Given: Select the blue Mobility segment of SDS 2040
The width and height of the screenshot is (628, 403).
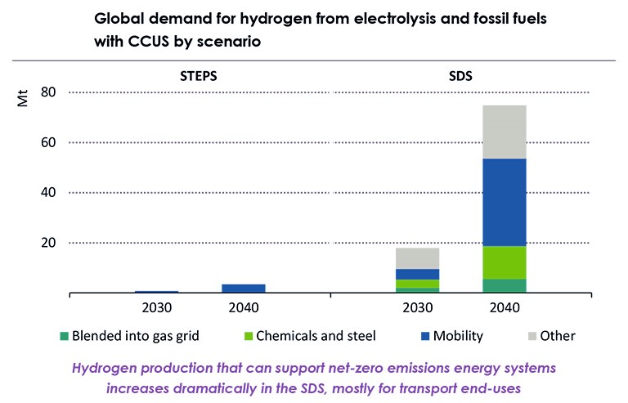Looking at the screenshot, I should coord(504,202).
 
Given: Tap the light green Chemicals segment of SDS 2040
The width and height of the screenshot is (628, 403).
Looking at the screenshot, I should coord(504,262).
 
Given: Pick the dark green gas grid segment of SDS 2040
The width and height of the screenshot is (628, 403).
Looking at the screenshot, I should coord(504,285).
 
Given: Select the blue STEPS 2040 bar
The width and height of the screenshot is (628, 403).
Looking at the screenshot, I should coord(244,288).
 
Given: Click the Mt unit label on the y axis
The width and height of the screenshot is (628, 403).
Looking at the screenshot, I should coord(25,102).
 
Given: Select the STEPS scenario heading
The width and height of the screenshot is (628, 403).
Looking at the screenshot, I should coord(200,76).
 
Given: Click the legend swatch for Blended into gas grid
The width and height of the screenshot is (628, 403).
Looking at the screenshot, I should coord(65,336).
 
